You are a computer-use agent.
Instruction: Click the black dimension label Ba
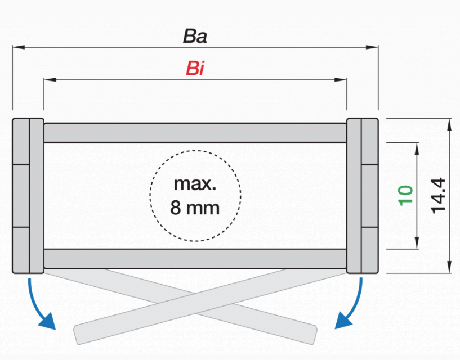click(195, 37)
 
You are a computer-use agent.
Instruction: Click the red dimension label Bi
click(195, 69)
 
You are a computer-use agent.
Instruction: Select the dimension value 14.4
click(438, 195)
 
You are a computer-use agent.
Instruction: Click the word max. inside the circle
click(195, 184)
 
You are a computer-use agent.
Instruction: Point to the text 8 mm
click(195, 208)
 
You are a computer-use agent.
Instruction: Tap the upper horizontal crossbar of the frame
click(195, 132)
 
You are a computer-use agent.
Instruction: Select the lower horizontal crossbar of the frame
click(195, 258)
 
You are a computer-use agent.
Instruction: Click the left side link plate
click(28, 195)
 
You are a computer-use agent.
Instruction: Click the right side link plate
click(363, 195)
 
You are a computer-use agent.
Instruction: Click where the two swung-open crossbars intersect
click(195, 299)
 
